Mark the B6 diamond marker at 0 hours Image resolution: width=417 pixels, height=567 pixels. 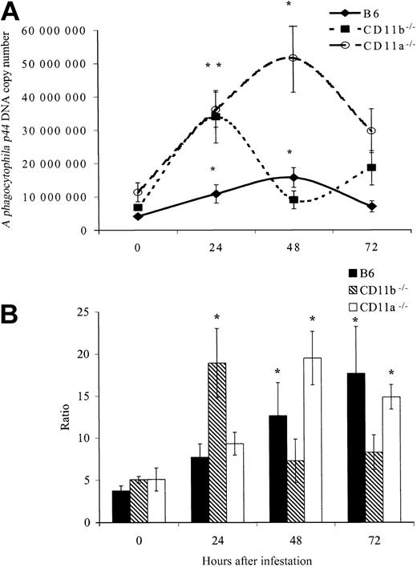[x=117, y=216]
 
